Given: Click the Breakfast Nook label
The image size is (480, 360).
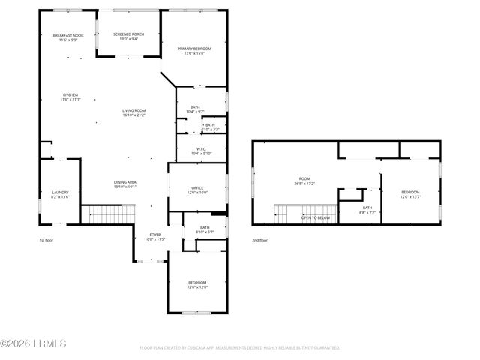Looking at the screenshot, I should [68, 35].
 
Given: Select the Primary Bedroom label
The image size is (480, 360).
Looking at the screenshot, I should [194, 49].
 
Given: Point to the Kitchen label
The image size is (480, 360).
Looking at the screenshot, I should [70, 95].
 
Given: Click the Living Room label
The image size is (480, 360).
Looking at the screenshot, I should [134, 110].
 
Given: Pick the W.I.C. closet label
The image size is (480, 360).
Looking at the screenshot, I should [202, 148].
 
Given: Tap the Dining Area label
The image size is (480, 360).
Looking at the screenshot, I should [125, 182].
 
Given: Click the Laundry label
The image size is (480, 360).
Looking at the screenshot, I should [60, 193].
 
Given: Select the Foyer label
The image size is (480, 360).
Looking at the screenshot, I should [154, 235].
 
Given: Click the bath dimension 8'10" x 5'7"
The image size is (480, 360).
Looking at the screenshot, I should [205, 232].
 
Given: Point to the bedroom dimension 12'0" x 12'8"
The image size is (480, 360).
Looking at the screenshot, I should [197, 286].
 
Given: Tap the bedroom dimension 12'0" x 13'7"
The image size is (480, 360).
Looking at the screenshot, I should [410, 197].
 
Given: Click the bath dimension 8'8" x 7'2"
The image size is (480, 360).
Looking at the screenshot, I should [367, 213].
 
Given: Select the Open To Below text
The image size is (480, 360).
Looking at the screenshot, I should [316, 218].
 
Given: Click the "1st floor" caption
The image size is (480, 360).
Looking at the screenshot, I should [47, 241].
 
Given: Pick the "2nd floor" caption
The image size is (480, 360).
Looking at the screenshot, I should [260, 241].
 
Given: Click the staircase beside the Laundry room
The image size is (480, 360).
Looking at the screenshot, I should [106, 214].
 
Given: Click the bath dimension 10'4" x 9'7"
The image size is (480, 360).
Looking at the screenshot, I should [195, 112].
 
